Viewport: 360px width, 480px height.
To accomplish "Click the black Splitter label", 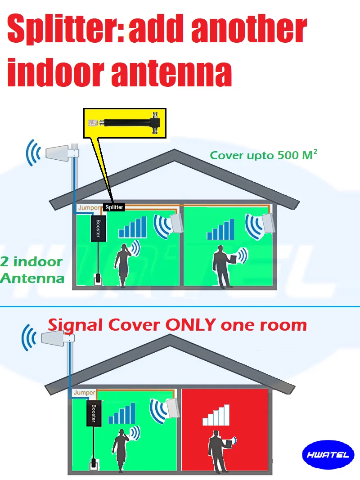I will [x=114, y=207].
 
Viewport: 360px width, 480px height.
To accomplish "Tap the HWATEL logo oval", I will [x=328, y=455].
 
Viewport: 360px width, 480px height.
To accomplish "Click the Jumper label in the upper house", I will [x=89, y=207].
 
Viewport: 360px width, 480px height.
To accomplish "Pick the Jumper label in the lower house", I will [x=85, y=393].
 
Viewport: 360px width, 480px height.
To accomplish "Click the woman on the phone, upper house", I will [x=123, y=265].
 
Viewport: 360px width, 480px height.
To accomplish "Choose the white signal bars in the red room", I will [x=219, y=416].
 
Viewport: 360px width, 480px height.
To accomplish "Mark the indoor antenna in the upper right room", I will [x=269, y=223].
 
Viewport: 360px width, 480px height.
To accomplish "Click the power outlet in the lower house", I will [x=93, y=463].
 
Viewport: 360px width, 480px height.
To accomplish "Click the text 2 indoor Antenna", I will [x=31, y=269].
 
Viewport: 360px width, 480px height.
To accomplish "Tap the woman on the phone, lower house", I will [x=121, y=450].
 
